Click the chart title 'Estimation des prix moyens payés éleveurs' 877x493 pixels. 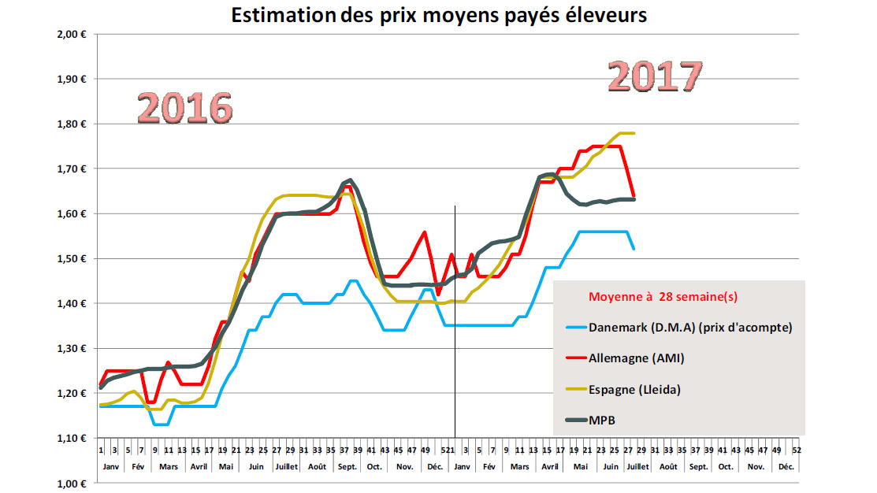tap(438, 16)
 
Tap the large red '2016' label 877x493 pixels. tap(184, 109)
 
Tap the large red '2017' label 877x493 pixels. tap(653, 76)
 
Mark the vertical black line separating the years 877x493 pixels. tap(455, 315)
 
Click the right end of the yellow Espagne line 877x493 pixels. tap(634, 133)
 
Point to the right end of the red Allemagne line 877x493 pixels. tap(634, 197)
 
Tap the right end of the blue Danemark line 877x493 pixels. tap(634, 249)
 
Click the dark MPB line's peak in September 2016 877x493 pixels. tap(350, 180)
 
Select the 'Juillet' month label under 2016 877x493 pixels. tap(285, 466)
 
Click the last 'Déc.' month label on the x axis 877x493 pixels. tap(786, 466)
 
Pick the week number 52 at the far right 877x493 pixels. tap(797, 450)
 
